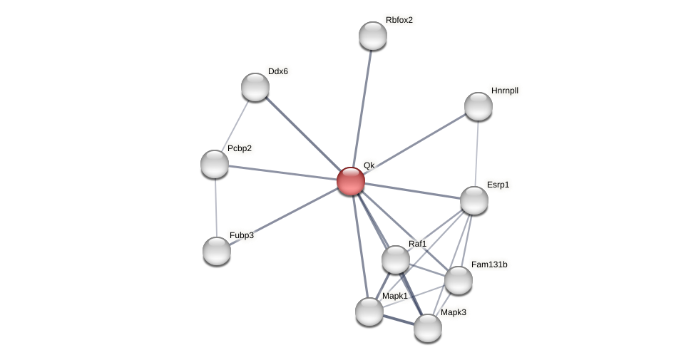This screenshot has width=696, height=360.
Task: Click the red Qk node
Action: [351, 181]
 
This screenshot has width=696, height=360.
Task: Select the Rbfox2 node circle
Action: [373, 36]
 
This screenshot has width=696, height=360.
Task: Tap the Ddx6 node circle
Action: [255, 87]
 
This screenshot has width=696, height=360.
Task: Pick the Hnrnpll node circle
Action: [478, 106]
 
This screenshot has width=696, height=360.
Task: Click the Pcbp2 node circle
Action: [215, 164]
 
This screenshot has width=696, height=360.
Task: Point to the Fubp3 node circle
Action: [217, 251]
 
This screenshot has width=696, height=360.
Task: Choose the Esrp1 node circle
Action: [474, 200]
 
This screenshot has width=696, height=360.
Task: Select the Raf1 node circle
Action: [396, 259]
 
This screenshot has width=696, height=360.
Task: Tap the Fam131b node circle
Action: [459, 280]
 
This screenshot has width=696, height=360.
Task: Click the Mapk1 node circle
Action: [369, 312]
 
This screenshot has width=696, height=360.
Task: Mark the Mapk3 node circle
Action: [428, 328]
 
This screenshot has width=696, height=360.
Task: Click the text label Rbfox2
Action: [399, 20]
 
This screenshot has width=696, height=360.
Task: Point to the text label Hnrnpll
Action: [505, 91]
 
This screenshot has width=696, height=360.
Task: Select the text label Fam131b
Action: [489, 264]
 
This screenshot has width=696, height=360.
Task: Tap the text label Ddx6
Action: [278, 71]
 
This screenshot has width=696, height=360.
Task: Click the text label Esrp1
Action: [498, 185]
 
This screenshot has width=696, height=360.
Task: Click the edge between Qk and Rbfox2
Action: [362, 107]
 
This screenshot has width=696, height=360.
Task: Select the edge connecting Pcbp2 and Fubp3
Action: [215, 207]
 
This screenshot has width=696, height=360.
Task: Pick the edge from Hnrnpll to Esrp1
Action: [476, 153]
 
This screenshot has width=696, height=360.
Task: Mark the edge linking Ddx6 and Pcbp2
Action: [235, 125]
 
